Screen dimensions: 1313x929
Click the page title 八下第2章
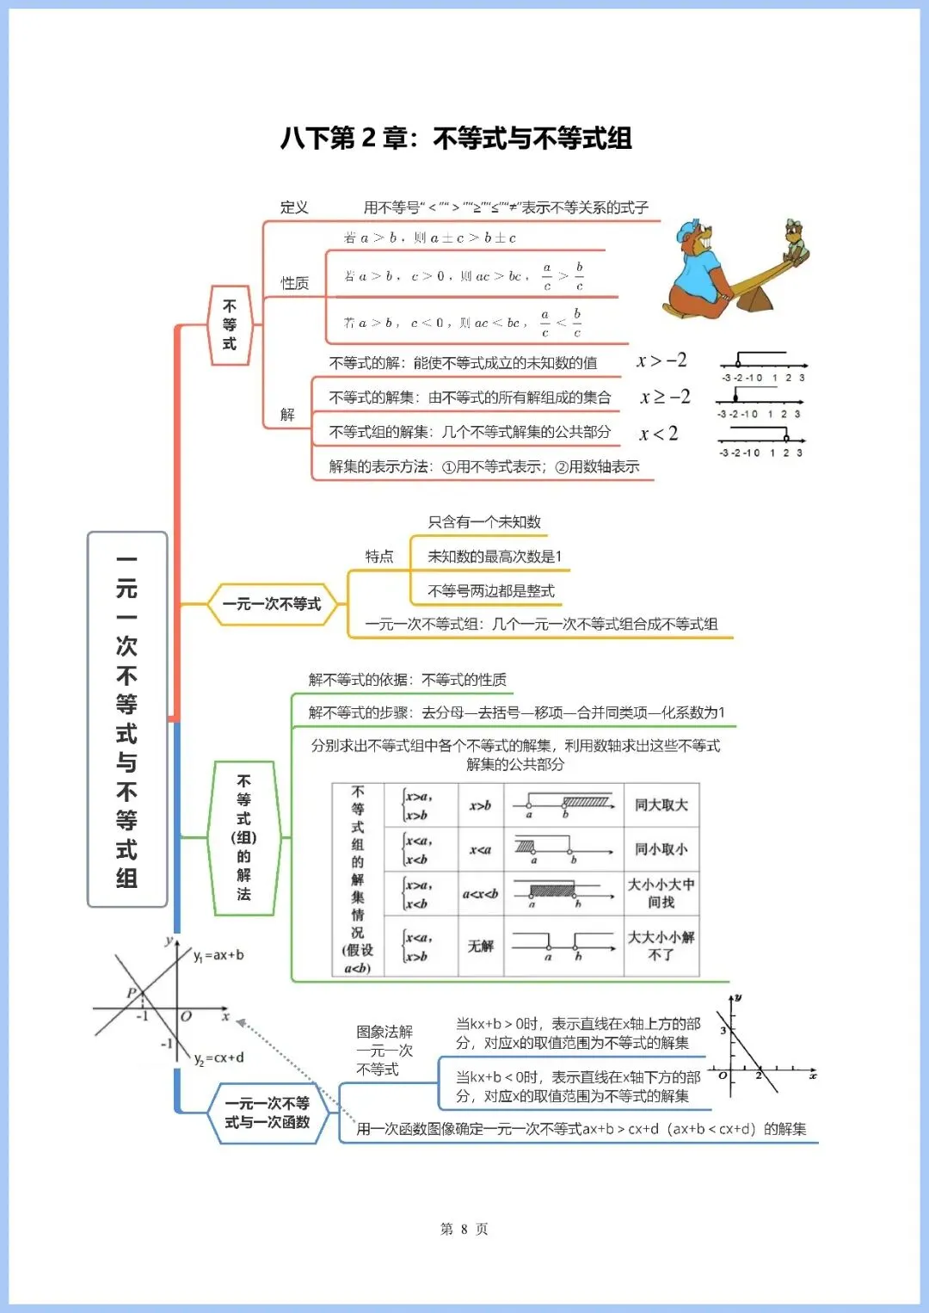pyautogui.click(x=456, y=139)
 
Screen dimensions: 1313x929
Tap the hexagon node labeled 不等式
pyautogui.click(x=230, y=325)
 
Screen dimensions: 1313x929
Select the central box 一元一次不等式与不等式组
pyautogui.click(x=127, y=719)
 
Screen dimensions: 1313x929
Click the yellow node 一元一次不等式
pyautogui.click(x=272, y=604)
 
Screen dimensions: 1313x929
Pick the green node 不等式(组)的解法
pyautogui.click(x=243, y=837)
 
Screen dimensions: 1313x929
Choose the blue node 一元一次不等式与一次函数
pyautogui.click(x=267, y=1113)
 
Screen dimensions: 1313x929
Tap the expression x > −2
pyautogui.click(x=661, y=361)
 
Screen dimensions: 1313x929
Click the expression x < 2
pyautogui.click(x=658, y=434)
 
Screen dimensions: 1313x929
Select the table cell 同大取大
pyautogui.click(x=661, y=805)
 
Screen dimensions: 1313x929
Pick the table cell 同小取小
pyautogui.click(x=661, y=849)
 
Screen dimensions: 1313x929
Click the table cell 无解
pyautogui.click(x=480, y=946)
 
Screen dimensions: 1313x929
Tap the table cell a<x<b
pyautogui.click(x=480, y=894)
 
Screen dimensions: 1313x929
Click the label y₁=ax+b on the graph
pyautogui.click(x=218, y=955)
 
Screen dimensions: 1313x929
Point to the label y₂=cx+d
pyautogui.click(x=218, y=1057)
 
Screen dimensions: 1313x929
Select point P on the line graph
pyautogui.click(x=132, y=993)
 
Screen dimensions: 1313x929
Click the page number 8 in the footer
pyautogui.click(x=464, y=1229)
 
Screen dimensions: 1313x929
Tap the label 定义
pyautogui.click(x=294, y=207)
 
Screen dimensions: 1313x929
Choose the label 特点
pyautogui.click(x=379, y=557)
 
